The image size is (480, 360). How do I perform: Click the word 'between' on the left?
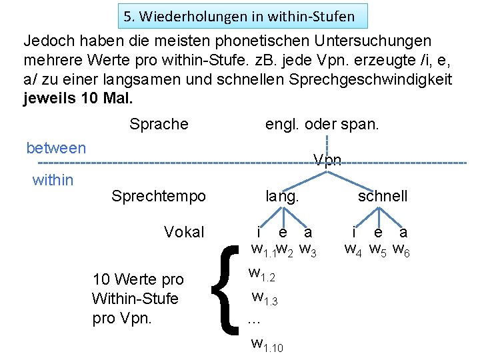point(56,147)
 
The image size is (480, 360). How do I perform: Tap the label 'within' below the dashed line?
point(53,179)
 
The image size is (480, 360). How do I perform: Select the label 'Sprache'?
point(159,124)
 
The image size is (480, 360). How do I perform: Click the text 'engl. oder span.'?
point(322,124)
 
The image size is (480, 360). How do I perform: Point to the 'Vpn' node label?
point(327,160)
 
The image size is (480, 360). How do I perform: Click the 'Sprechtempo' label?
point(159,196)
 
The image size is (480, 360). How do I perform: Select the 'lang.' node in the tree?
point(282,196)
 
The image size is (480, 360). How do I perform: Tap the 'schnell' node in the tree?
point(382,196)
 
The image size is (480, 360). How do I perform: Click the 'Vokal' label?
point(184,232)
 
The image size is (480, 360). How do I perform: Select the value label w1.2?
point(261,274)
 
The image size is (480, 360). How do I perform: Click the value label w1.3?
point(265,298)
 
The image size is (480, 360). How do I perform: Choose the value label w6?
point(401,251)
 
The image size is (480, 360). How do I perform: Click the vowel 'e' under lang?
point(283,232)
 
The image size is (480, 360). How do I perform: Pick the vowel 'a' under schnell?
point(403,232)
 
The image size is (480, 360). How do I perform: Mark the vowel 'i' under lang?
point(259,232)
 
